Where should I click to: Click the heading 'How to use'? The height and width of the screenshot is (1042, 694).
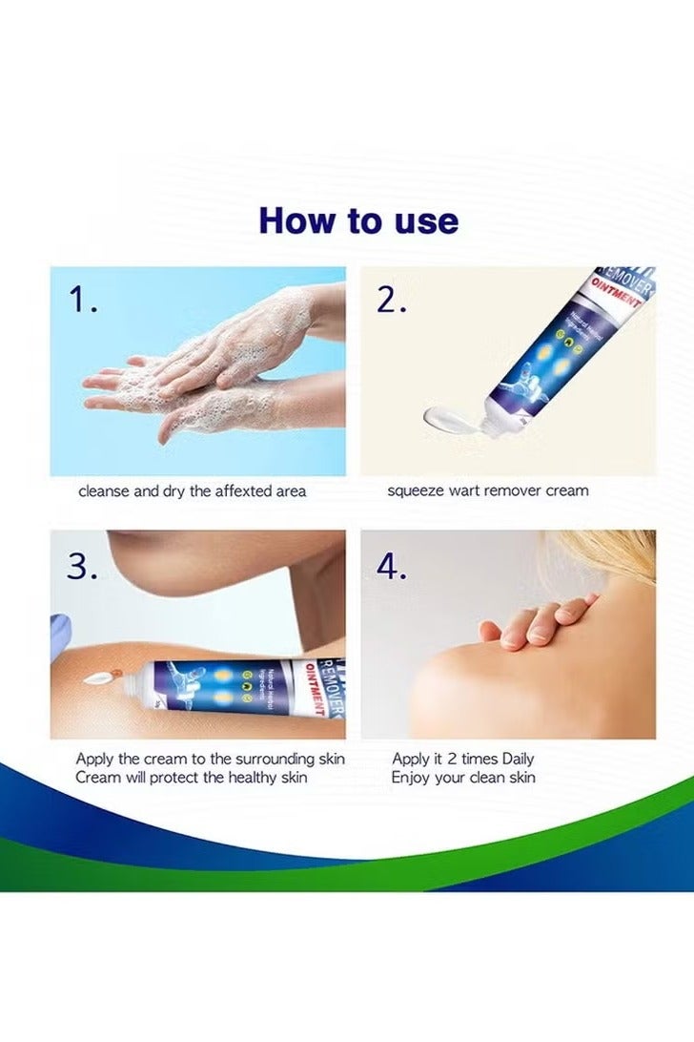click(x=358, y=220)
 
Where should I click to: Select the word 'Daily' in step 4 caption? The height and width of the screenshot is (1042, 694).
click(x=513, y=760)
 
